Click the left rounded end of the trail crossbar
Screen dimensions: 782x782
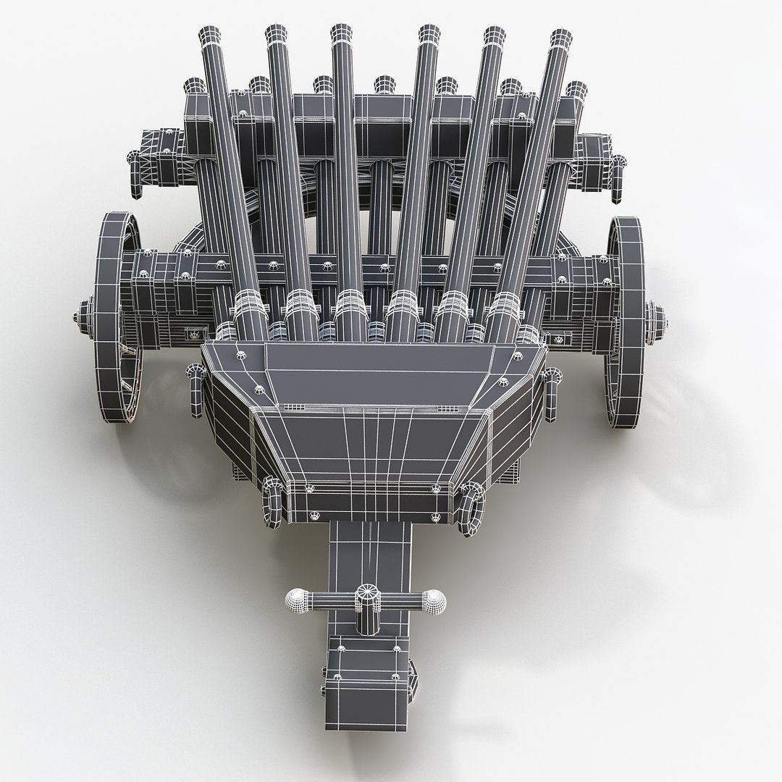(x=298, y=598)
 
